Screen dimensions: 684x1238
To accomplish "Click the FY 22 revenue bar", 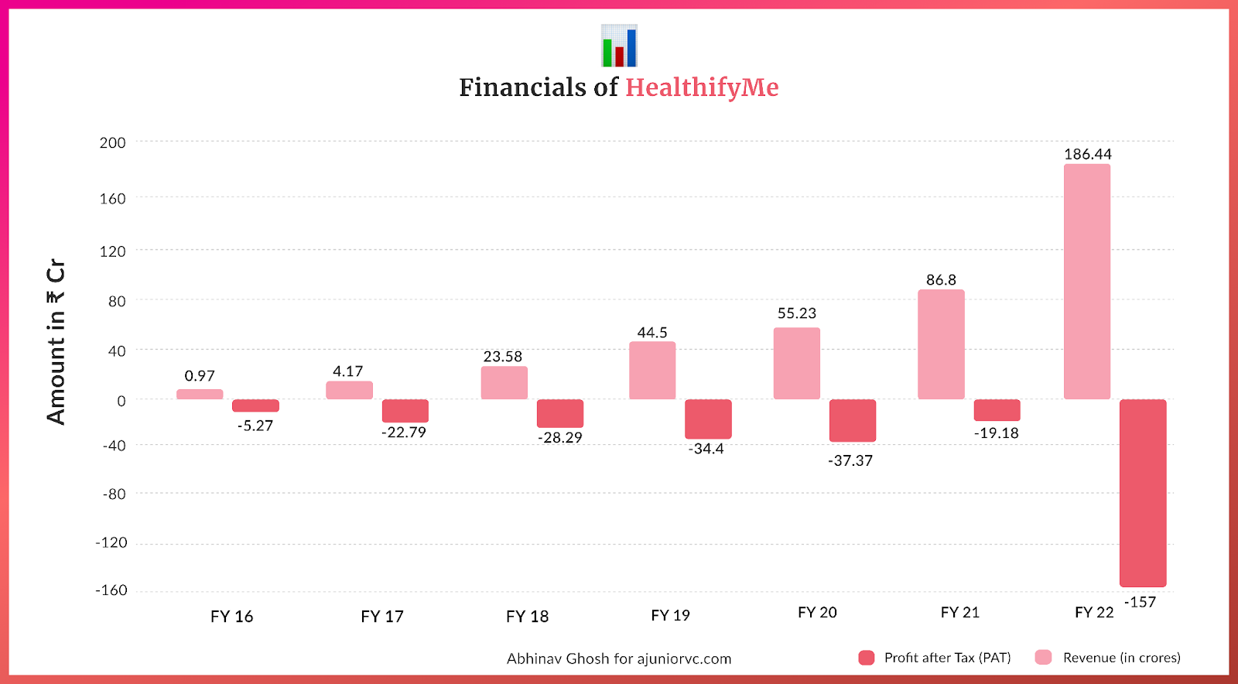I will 1086,282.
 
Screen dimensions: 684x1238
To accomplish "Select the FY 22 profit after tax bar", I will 1143,493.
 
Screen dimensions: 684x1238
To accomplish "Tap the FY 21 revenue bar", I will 941,344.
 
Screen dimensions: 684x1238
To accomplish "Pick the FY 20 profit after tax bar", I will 853,420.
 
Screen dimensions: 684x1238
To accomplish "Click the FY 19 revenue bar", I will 652,371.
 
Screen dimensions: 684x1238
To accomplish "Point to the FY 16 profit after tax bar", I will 255,405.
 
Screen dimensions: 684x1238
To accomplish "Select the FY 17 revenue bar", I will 349,390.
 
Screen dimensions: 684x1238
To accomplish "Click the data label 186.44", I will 1087,154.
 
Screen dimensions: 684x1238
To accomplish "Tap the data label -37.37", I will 850,460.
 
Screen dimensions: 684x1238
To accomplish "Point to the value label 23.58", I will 503,357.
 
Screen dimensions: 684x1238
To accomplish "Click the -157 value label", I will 1140,602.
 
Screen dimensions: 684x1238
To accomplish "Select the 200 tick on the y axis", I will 112,142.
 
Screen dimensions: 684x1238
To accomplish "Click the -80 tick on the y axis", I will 114,494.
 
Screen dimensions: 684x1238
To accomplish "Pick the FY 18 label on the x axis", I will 527,617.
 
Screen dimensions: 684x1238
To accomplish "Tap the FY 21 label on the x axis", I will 959,612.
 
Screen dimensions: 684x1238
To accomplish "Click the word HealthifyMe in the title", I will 702,87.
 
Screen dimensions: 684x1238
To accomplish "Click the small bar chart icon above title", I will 619,46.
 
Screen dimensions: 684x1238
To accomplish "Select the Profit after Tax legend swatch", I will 867,658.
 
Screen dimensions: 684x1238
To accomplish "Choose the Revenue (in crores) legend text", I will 1121,658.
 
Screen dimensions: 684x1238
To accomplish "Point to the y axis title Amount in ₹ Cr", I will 56,341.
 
